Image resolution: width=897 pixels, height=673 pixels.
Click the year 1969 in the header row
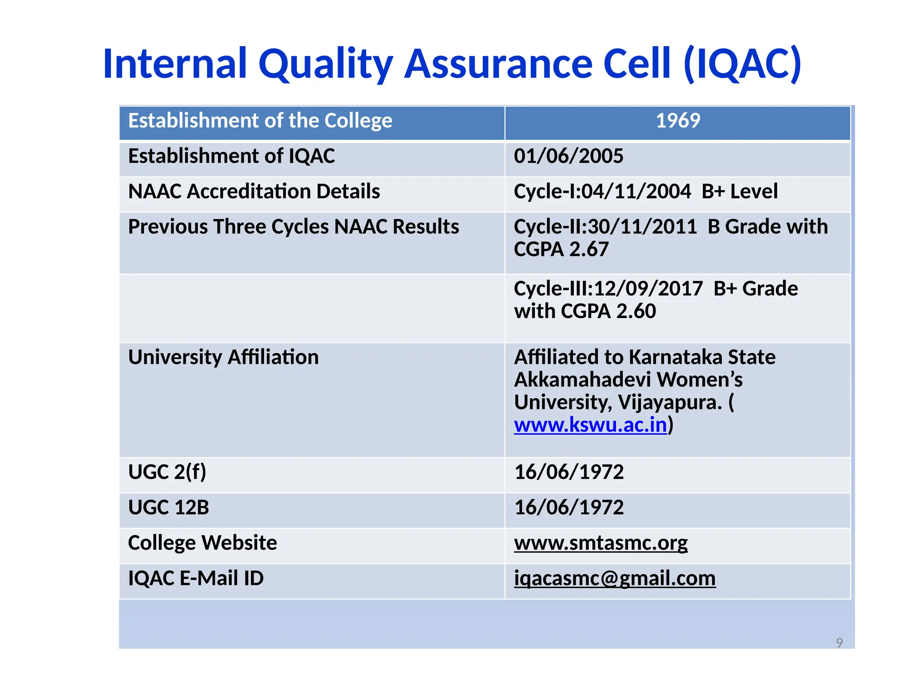tap(678, 120)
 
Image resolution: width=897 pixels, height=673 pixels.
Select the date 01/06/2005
tap(568, 156)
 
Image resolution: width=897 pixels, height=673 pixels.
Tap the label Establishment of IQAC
tap(231, 156)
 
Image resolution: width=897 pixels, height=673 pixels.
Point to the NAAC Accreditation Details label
tap(254, 191)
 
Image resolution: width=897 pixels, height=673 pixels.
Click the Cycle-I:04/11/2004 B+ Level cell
tap(646, 191)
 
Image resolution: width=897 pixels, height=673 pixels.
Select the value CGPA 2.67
tap(561, 249)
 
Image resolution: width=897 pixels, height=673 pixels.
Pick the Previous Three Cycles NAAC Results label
tap(293, 227)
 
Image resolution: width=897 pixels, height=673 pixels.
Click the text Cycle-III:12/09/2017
tap(608, 289)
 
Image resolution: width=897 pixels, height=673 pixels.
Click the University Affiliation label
tap(223, 357)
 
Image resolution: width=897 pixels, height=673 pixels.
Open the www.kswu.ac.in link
tap(590, 425)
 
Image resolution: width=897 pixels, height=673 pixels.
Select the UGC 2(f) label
tap(167, 472)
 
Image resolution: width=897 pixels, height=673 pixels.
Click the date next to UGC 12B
tap(569, 507)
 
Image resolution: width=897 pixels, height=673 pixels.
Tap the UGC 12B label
tap(169, 507)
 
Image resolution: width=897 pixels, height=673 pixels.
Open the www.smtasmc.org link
tap(600, 543)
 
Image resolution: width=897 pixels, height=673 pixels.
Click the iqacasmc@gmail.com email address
tap(614, 578)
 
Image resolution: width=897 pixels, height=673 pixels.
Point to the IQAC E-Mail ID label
tap(196, 578)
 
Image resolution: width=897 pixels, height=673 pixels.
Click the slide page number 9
tap(839, 642)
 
